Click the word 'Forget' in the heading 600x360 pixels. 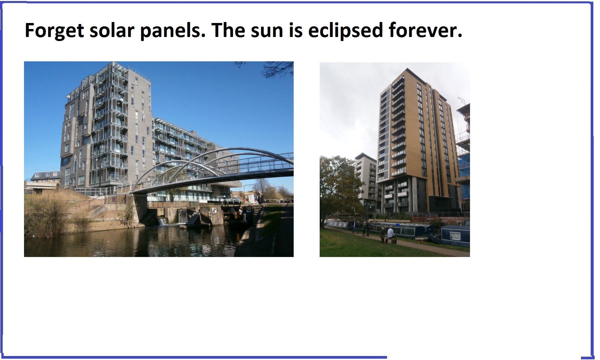pos(54,31)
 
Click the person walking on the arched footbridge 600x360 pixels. pos(197,172)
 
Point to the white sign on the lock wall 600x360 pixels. pos(214,210)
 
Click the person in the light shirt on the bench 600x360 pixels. pos(391,234)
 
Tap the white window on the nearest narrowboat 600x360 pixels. pos(455,236)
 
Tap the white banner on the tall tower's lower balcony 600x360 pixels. pos(402,194)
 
